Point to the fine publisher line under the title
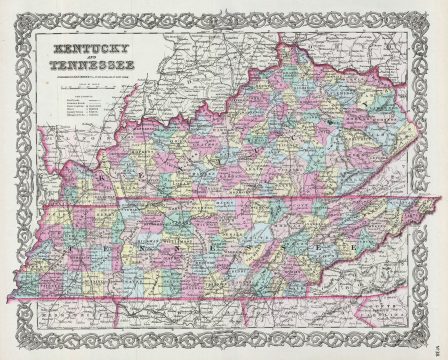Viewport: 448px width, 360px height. coord(90,76)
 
